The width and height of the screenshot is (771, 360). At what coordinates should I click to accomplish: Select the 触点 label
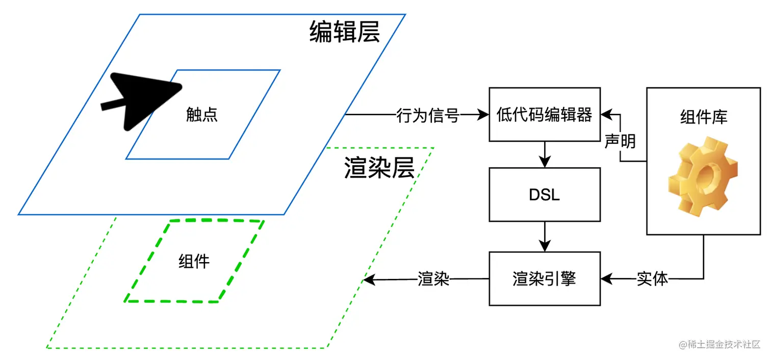point(202,115)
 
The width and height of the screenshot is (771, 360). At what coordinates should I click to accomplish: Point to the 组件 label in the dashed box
point(194,262)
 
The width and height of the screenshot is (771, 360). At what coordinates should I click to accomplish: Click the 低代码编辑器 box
point(544,115)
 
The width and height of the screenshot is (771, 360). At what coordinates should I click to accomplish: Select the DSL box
point(544,194)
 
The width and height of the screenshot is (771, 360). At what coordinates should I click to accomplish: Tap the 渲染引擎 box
point(544,279)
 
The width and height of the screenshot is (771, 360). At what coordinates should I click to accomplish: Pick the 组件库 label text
point(704,117)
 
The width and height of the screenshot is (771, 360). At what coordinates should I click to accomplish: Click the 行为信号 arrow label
point(428,115)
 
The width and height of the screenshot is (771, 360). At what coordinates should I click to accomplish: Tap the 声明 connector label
point(620,141)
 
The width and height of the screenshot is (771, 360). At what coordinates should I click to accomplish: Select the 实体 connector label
point(652,279)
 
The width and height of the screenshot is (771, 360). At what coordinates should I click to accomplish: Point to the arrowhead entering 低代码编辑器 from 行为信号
point(483,115)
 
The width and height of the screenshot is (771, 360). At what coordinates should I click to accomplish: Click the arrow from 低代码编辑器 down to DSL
point(545,155)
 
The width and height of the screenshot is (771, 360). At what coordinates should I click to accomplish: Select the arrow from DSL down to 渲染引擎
point(545,237)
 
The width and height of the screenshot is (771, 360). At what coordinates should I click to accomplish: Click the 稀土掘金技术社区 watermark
point(719,345)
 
